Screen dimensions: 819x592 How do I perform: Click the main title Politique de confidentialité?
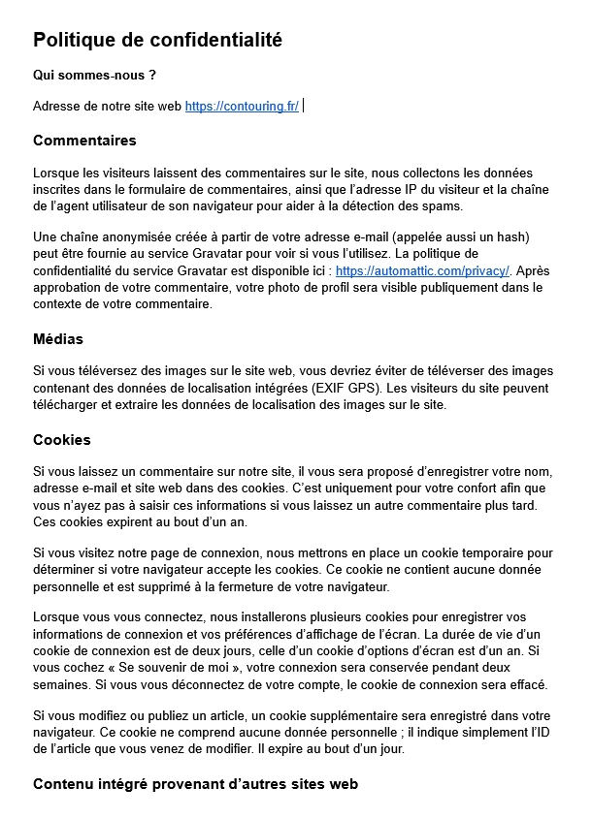[157, 40]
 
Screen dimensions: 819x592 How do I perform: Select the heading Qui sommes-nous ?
[94, 75]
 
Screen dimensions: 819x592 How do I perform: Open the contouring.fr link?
[242, 106]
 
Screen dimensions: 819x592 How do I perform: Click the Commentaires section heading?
[84, 141]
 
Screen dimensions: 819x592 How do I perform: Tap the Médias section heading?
[58, 339]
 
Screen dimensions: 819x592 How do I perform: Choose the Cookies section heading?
[62, 440]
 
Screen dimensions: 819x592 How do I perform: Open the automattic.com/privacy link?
[422, 270]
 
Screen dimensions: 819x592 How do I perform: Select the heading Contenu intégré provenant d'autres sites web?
[195, 784]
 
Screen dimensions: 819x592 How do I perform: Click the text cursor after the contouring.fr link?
[304, 106]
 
